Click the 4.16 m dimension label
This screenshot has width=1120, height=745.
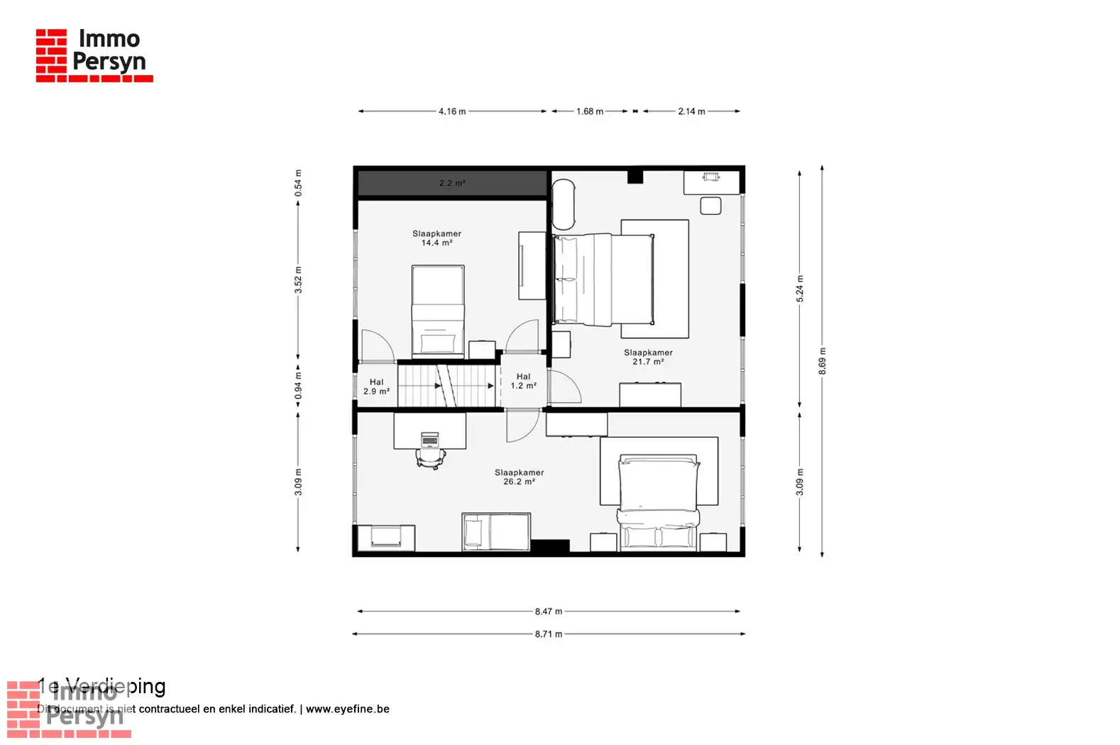coord(452,111)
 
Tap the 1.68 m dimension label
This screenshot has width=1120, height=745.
coord(589,111)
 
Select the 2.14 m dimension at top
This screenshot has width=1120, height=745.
coord(691,111)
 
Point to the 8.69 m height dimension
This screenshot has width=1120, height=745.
coord(822,361)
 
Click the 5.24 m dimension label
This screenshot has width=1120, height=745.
coord(800,289)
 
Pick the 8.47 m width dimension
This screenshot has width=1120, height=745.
coord(549,611)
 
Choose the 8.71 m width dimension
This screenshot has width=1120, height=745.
coord(549,634)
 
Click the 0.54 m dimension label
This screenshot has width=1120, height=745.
coord(298,183)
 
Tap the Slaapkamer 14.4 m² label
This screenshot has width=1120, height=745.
coord(437,238)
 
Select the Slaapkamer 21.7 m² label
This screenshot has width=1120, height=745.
coord(648,357)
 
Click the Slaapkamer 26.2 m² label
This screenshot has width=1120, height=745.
coord(519,477)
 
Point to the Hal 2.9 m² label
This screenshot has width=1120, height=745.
coord(376,387)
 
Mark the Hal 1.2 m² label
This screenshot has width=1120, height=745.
coord(524,382)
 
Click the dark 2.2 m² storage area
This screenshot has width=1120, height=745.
coord(452,183)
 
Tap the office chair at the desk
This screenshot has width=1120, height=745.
coord(430,459)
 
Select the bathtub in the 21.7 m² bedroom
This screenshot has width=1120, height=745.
coord(564,204)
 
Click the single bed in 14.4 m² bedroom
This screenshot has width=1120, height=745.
coord(438,309)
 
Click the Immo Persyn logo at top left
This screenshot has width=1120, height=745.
coord(94,55)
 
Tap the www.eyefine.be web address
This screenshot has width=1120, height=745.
coord(347,709)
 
